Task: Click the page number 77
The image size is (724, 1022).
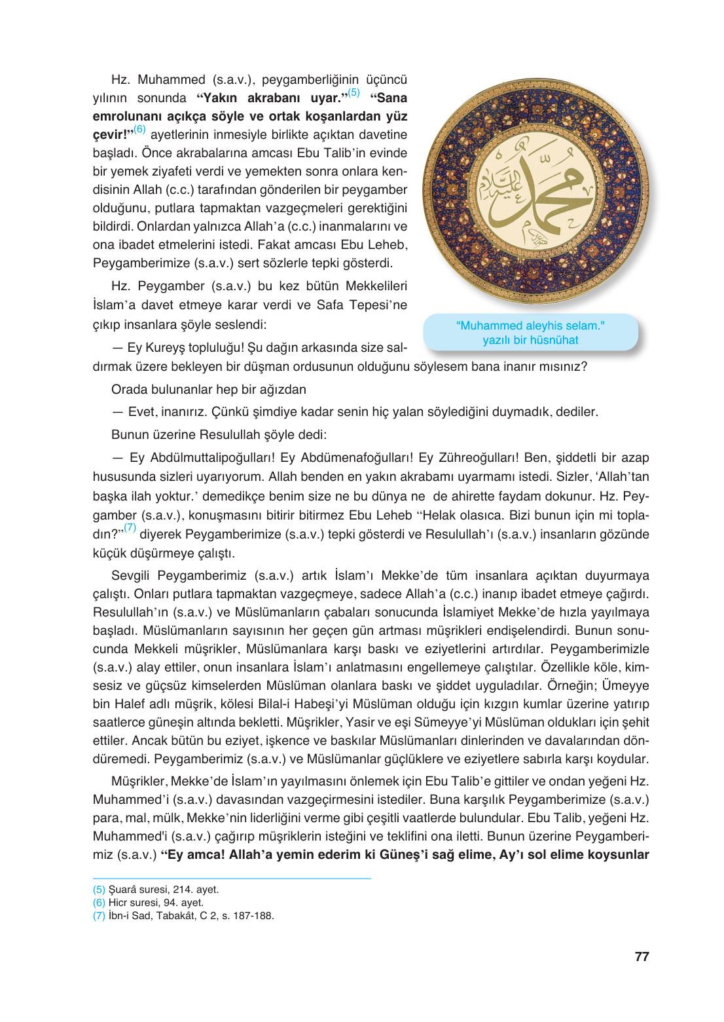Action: click(642, 956)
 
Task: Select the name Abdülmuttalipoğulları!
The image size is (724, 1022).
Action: click(213, 458)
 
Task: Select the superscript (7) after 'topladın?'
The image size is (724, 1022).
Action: click(130, 527)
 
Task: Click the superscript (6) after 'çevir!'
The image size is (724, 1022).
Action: click(139, 129)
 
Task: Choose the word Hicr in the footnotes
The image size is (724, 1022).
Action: click(118, 903)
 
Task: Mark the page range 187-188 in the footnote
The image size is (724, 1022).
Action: click(253, 916)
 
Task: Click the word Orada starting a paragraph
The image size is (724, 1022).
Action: click(128, 390)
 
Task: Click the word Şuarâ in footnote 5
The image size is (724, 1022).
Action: click(122, 890)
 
